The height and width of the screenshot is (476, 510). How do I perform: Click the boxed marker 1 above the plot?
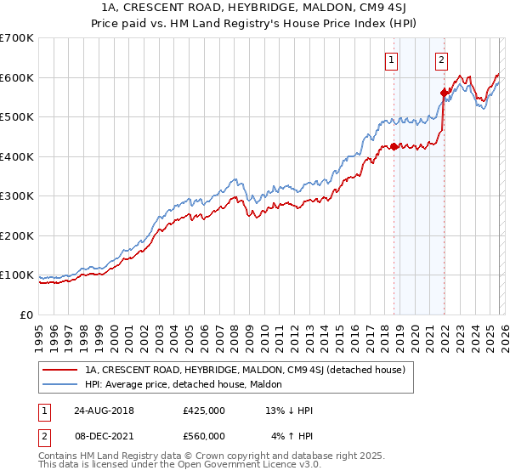[390, 59]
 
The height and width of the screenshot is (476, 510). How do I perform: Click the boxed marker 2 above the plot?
[442, 59]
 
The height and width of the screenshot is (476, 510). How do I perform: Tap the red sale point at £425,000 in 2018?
[394, 147]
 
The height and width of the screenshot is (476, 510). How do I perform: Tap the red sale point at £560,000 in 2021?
[444, 93]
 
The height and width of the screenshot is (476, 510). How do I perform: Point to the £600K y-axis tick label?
[17, 77]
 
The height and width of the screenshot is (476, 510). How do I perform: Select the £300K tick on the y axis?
[17, 196]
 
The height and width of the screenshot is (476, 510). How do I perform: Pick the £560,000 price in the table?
[204, 436]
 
